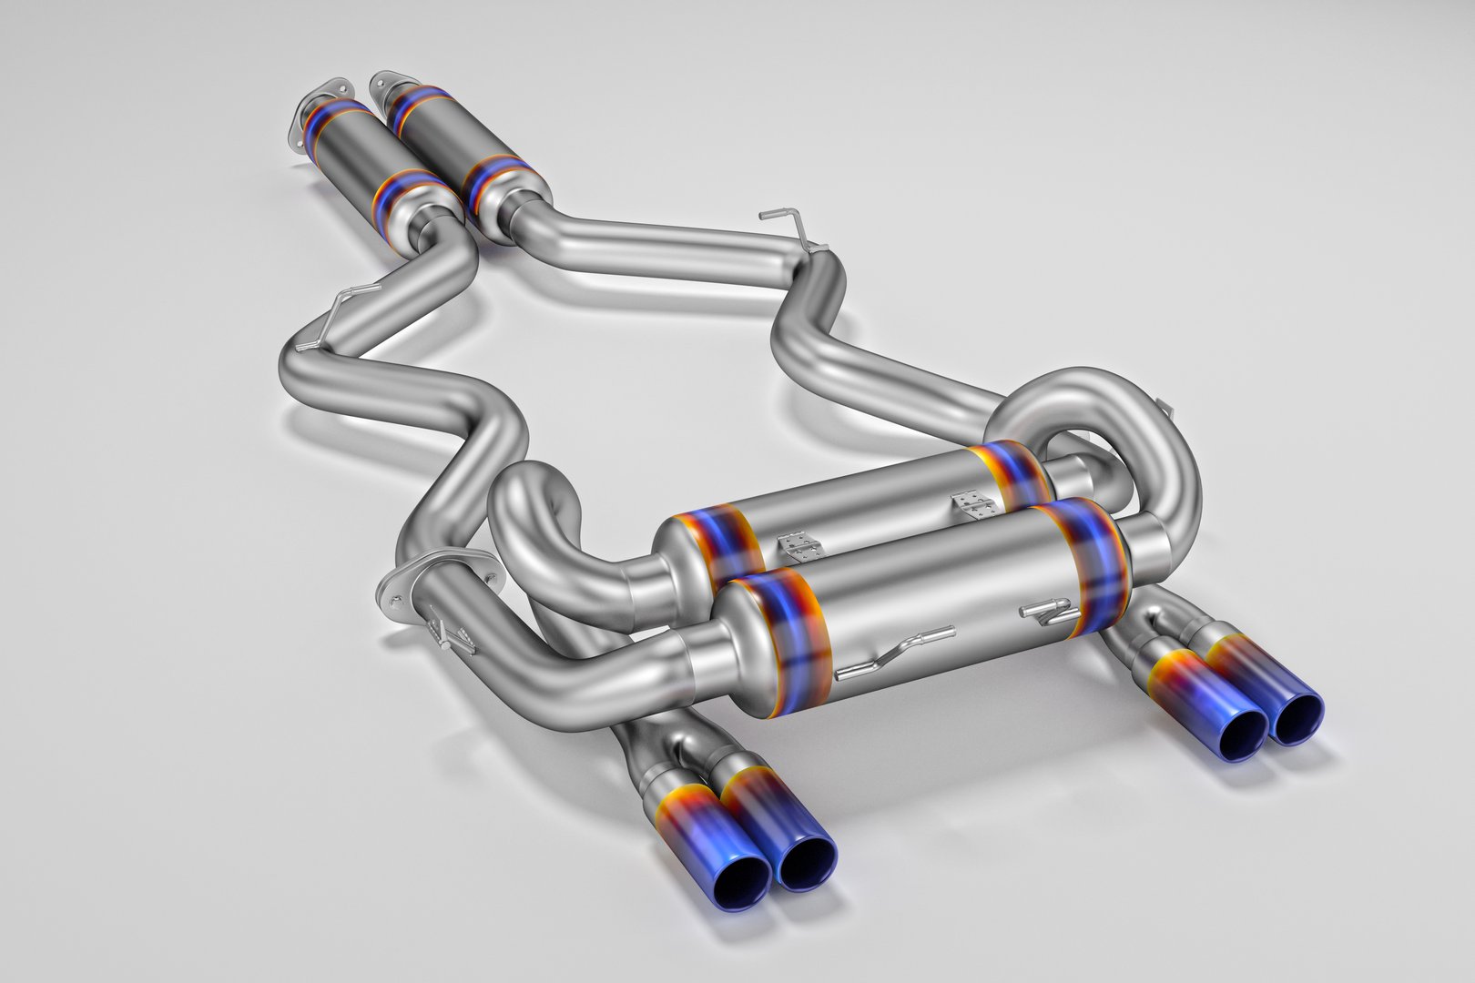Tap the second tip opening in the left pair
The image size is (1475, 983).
807,863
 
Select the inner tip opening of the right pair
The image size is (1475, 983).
1235,733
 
